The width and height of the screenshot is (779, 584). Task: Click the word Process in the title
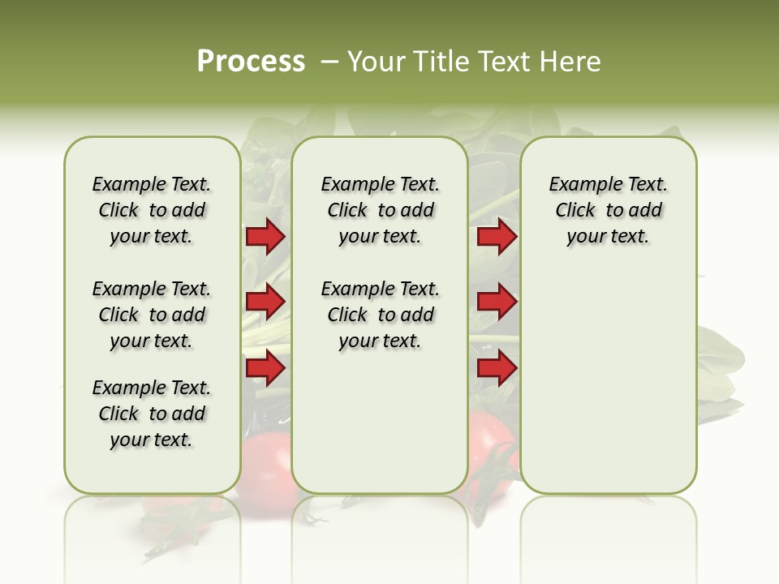click(251, 62)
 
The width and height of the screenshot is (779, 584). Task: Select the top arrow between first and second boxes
click(265, 237)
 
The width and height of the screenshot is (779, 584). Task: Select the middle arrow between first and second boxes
click(265, 302)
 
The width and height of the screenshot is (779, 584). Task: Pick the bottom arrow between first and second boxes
click(265, 368)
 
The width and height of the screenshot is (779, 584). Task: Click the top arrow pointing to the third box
click(497, 237)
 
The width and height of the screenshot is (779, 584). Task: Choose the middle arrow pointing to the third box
click(497, 302)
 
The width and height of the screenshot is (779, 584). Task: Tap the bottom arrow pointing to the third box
click(497, 368)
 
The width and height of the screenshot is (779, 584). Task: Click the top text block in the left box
click(152, 210)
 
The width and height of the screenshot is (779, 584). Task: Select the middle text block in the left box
click(152, 315)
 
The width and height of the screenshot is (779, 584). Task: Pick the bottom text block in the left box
click(152, 414)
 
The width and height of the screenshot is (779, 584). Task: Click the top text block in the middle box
click(381, 210)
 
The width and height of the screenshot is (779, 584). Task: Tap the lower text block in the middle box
click(381, 315)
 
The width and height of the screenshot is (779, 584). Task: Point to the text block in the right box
click(609, 210)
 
